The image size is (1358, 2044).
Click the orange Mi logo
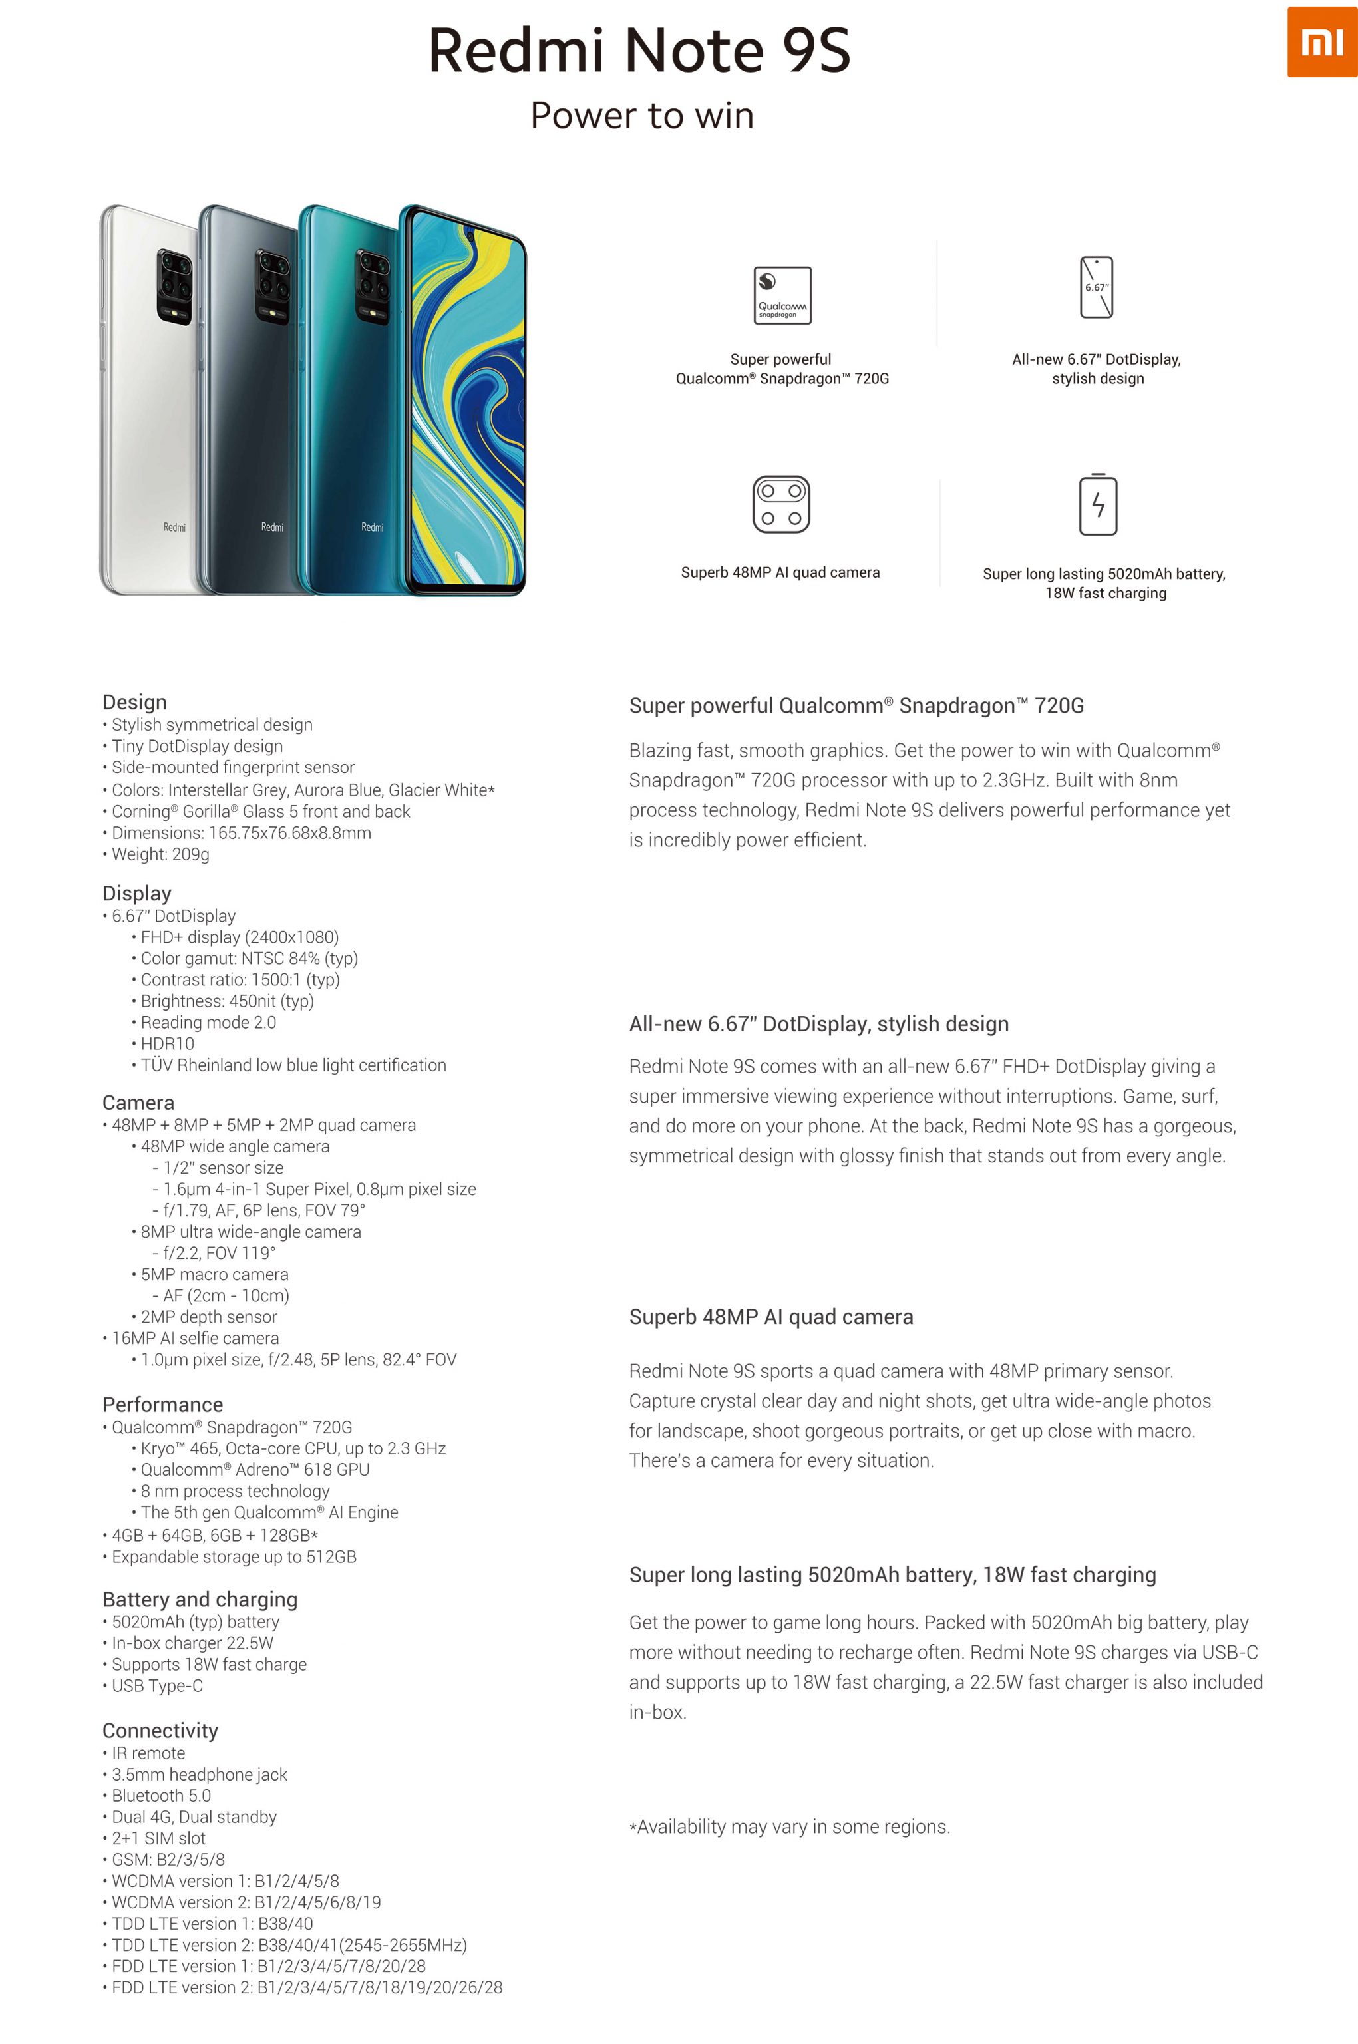1321,41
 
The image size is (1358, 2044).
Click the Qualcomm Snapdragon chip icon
782,295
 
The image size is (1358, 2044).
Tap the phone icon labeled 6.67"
1097,287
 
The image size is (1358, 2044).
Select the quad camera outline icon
780,504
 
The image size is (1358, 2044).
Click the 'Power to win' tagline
642,116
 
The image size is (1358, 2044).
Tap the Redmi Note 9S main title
639,50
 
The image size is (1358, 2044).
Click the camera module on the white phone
174,287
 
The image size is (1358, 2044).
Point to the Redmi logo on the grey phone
272,526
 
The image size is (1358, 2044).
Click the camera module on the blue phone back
373,287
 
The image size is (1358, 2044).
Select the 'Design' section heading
134,701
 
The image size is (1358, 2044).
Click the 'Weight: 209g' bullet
160,854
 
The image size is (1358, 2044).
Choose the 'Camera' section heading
138,1103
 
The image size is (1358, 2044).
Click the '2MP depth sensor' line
209,1317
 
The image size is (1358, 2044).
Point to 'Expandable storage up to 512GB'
234,1556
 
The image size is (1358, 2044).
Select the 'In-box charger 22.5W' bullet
192,1643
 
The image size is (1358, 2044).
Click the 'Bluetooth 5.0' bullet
161,1795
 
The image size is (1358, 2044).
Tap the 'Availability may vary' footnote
789,1826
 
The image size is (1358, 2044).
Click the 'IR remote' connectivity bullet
148,1753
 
